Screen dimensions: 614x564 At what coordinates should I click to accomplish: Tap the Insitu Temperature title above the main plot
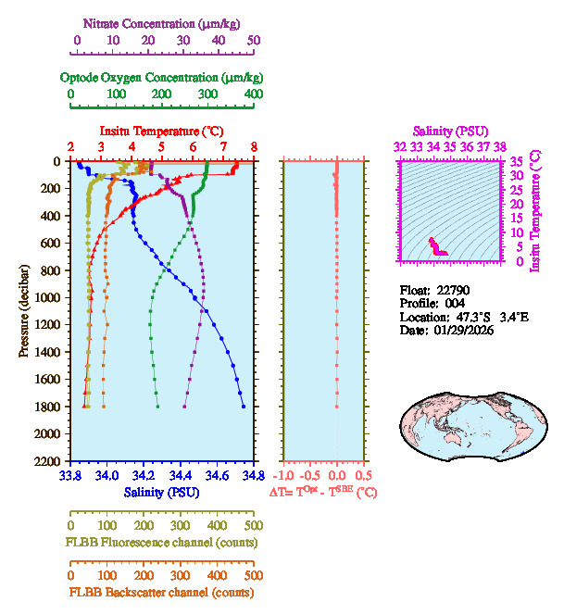tap(161, 132)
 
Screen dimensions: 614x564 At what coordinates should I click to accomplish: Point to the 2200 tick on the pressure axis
tap(47, 461)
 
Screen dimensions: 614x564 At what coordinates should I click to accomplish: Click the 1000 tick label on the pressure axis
tap(47, 297)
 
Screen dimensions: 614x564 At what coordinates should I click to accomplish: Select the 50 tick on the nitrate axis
tap(253, 41)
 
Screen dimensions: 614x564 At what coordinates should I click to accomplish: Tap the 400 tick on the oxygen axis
tap(253, 94)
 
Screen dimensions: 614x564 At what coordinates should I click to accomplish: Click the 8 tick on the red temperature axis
tap(253, 146)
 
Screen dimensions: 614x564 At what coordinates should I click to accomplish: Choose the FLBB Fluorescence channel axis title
tap(162, 542)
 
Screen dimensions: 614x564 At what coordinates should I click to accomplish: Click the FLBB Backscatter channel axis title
tap(162, 593)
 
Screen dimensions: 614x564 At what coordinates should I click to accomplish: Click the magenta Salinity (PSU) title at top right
tap(449, 132)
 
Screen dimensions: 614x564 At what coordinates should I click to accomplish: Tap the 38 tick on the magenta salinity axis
tap(500, 146)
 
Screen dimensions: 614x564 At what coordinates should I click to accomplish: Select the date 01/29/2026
tap(463, 330)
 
